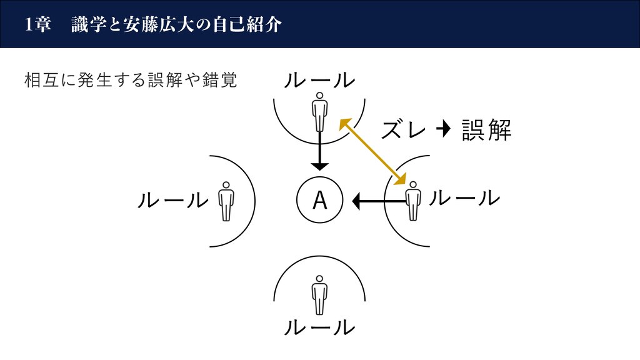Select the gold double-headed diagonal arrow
point(373,151)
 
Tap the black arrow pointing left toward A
point(379,201)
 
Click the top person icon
point(319,112)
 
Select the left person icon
point(226,202)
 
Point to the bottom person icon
point(319,295)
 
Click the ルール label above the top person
point(319,81)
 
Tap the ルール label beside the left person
point(173,201)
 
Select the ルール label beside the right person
point(464,198)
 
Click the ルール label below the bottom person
point(319,327)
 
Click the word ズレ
point(404,130)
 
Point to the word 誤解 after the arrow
point(486,130)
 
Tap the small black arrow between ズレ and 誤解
point(443,129)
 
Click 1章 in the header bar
point(38,24)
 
